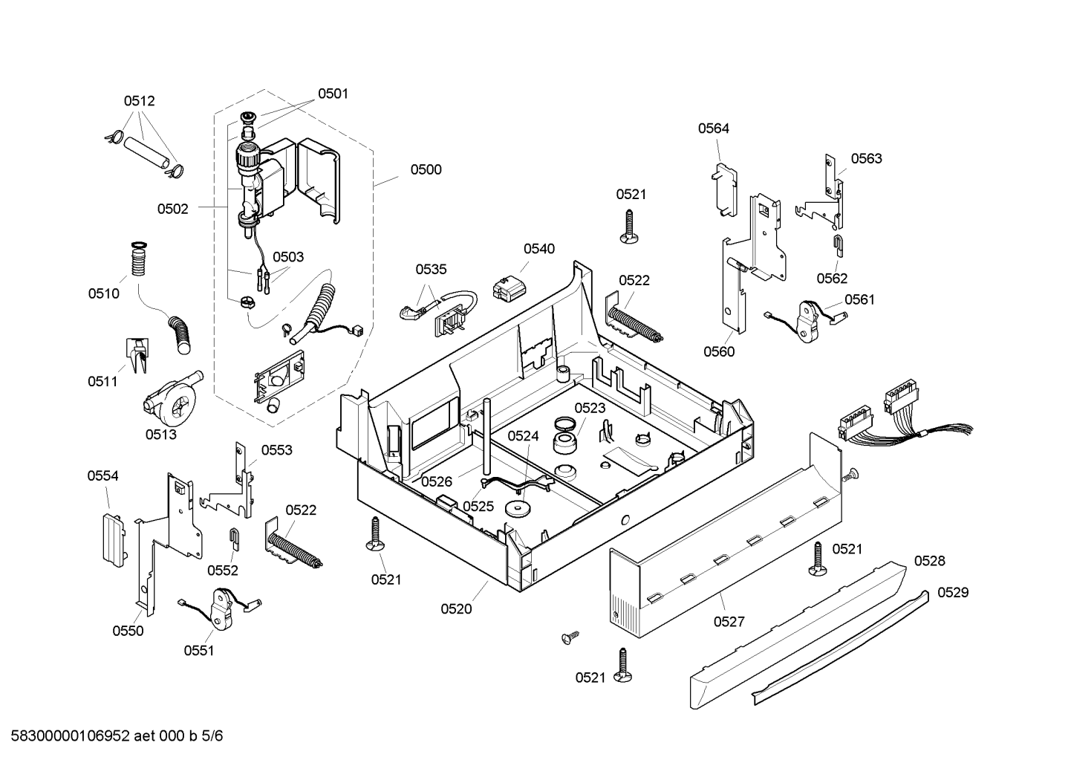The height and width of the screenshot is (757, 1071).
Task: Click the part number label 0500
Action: (426, 170)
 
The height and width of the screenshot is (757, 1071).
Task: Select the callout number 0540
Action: (539, 249)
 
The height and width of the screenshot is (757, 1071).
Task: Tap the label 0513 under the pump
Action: (161, 434)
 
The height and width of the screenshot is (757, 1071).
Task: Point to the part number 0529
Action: (953, 593)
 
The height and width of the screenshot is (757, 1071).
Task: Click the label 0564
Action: (713, 129)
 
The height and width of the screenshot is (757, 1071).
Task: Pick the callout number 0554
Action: (102, 475)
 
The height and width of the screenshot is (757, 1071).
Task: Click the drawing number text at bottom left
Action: (117, 735)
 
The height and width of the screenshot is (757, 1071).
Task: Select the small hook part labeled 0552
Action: (235, 539)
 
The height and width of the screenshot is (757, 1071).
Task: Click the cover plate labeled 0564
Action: (725, 190)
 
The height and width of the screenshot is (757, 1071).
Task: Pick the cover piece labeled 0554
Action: (114, 540)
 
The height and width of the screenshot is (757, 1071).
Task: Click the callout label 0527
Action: (729, 622)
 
